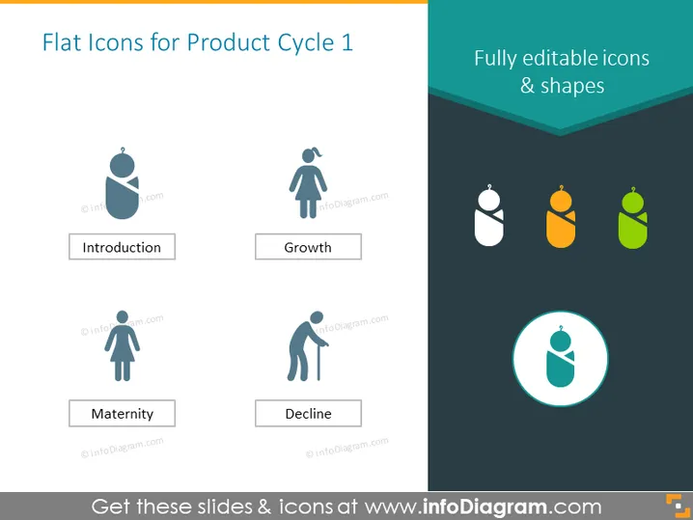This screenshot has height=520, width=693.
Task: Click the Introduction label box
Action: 122,247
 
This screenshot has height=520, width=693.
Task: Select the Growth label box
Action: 308,247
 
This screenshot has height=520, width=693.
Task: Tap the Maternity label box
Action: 122,413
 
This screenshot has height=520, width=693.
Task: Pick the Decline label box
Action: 308,413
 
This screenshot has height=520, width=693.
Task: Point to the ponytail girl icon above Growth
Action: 308,183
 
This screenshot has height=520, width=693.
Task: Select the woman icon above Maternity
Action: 122,346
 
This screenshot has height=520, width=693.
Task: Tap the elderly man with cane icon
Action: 308,346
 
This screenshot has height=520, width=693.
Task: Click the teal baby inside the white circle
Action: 560,358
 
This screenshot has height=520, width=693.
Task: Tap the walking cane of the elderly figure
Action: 319,363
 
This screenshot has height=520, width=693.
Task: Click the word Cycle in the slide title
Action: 305,43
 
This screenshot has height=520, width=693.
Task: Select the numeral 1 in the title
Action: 346,42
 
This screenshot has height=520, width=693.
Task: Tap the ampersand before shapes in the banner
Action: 527,85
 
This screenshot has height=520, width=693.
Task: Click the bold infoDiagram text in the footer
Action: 485,506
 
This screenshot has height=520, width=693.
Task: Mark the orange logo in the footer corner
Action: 678,506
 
